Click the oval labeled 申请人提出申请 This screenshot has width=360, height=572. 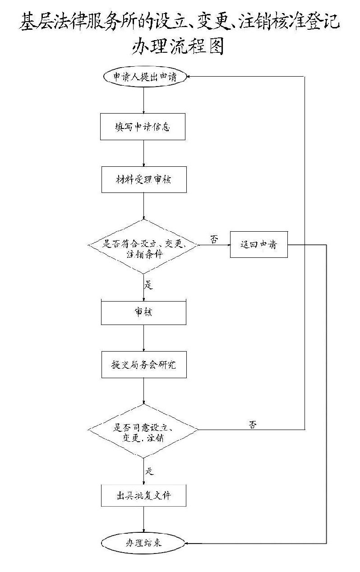(143, 77)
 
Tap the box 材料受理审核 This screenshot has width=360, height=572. (143, 179)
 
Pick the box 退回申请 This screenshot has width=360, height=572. (258, 245)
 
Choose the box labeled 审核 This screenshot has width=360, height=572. (143, 311)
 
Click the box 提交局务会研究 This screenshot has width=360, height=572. (143, 365)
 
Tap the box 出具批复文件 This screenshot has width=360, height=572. (143, 496)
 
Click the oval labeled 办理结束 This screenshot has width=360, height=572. (143, 543)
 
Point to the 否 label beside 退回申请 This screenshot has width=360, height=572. (214, 239)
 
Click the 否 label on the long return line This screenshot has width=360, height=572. (253, 424)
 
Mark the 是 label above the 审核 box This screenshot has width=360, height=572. (149, 285)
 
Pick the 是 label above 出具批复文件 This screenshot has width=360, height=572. (150, 471)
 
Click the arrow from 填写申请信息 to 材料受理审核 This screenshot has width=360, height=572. (143, 153)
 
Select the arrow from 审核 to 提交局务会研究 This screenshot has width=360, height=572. (143, 338)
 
